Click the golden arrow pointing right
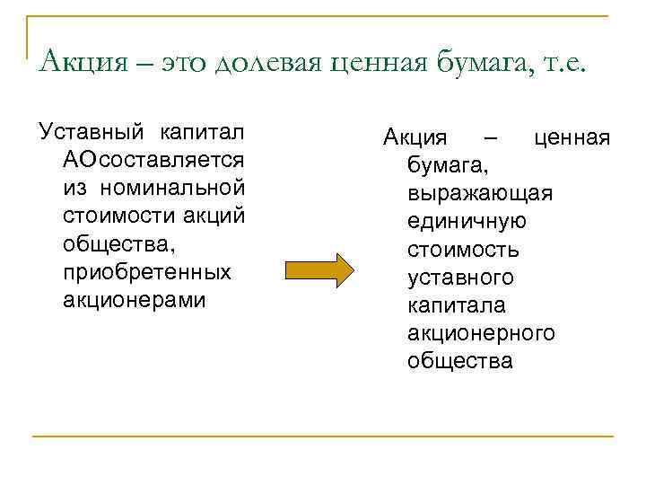pos(320,270)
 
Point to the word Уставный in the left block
pos(88,135)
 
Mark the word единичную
pos(467,221)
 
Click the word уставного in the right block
pos(460,278)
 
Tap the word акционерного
pos(481,333)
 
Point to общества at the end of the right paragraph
pos(459,361)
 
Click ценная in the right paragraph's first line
pos(572,137)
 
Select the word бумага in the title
pos(479,62)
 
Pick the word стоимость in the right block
pos(462,250)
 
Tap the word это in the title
pos(184,62)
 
